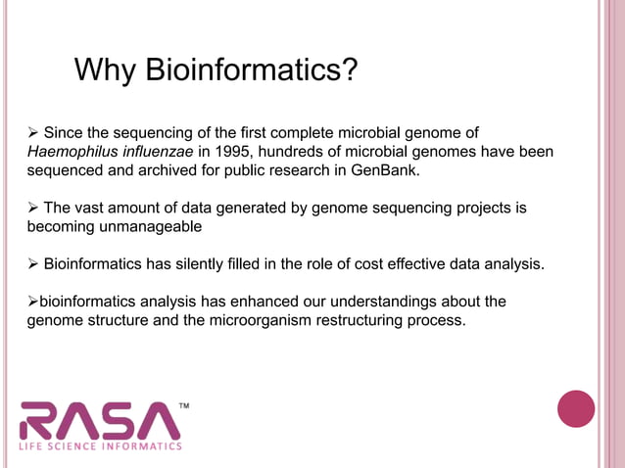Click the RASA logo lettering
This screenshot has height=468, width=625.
[99, 421]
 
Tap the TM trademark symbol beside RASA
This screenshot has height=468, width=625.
[183, 403]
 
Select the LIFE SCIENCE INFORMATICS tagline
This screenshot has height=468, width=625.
[101, 446]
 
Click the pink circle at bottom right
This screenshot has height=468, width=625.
[576, 408]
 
